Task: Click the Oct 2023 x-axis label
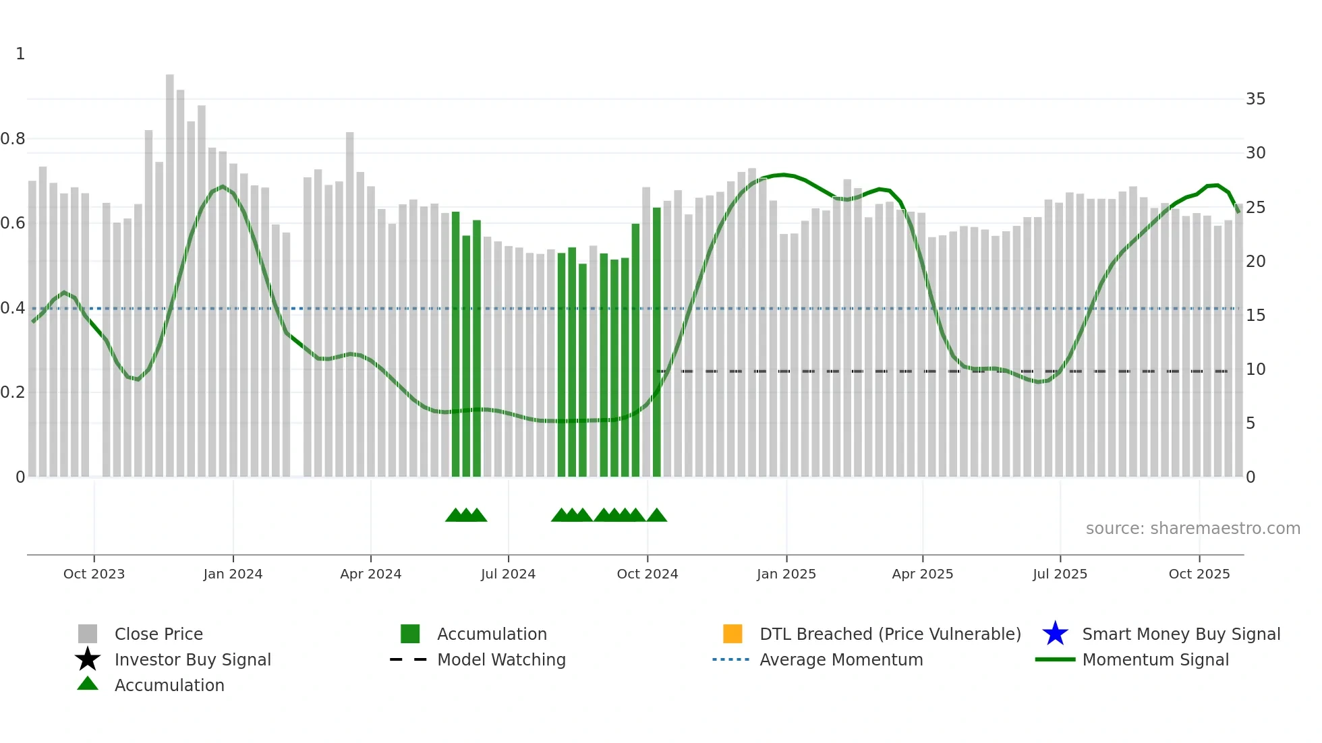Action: (94, 574)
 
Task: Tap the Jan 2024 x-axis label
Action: (233, 574)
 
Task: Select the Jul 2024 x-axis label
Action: (508, 574)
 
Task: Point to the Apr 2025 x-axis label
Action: (922, 574)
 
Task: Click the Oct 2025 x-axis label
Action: (1199, 574)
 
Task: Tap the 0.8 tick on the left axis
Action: (13, 139)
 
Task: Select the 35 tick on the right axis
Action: (1255, 99)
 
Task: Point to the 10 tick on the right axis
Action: (1255, 369)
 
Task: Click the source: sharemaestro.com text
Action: (1192, 529)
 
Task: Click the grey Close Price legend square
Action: (88, 634)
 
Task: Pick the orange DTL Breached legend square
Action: (732, 634)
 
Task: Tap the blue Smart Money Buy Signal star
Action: (1055, 634)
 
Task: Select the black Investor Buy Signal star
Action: (88, 659)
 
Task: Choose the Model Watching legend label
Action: (501, 659)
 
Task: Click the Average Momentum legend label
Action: (841, 659)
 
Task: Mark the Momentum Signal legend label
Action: (1155, 659)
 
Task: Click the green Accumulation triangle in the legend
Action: (88, 684)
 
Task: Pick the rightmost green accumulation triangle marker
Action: (656, 516)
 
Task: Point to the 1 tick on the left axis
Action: (20, 54)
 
